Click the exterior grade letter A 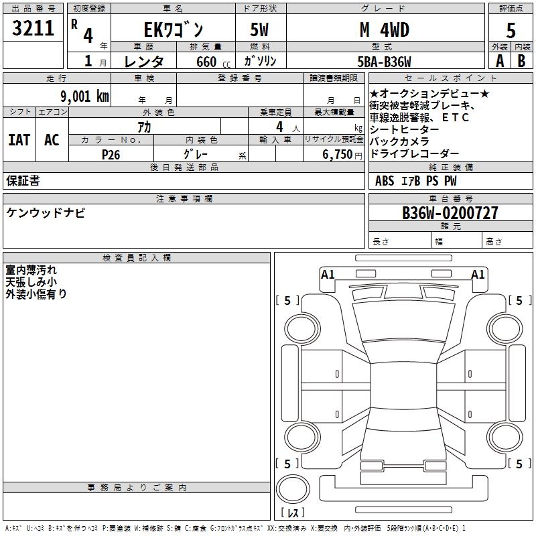pyautogui.click(x=499, y=60)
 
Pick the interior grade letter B pyautogui.click(x=522, y=60)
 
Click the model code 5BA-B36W pyautogui.click(x=384, y=62)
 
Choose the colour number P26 pyautogui.click(x=111, y=154)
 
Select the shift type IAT pyautogui.click(x=19, y=139)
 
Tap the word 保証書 pyautogui.click(x=23, y=180)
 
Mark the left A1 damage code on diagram pyautogui.click(x=328, y=274)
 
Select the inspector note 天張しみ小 pyautogui.click(x=31, y=282)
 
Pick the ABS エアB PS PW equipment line pyautogui.click(x=415, y=181)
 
